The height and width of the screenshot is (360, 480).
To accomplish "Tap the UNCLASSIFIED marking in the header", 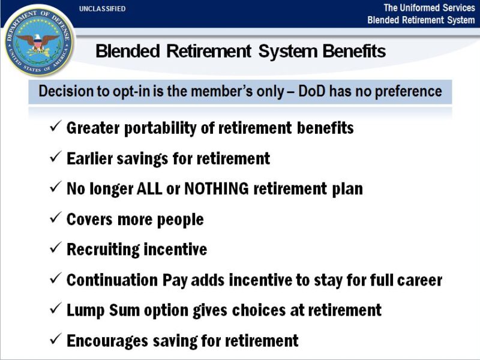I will [x=103, y=9].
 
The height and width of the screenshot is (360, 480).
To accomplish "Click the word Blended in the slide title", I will [x=128, y=52].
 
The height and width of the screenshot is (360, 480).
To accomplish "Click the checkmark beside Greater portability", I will [x=55, y=127].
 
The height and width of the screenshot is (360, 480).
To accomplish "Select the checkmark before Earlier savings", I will [x=55, y=158].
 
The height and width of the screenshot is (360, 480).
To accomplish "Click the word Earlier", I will [x=89, y=158].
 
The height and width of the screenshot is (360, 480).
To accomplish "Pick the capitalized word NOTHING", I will [x=217, y=189].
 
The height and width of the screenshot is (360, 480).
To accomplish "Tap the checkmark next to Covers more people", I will [x=55, y=218].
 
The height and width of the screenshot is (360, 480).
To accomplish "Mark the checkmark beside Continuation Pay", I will [x=55, y=279].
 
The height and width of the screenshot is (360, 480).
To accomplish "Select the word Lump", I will [x=83, y=310].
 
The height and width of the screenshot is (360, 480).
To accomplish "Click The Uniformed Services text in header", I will [x=428, y=8].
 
